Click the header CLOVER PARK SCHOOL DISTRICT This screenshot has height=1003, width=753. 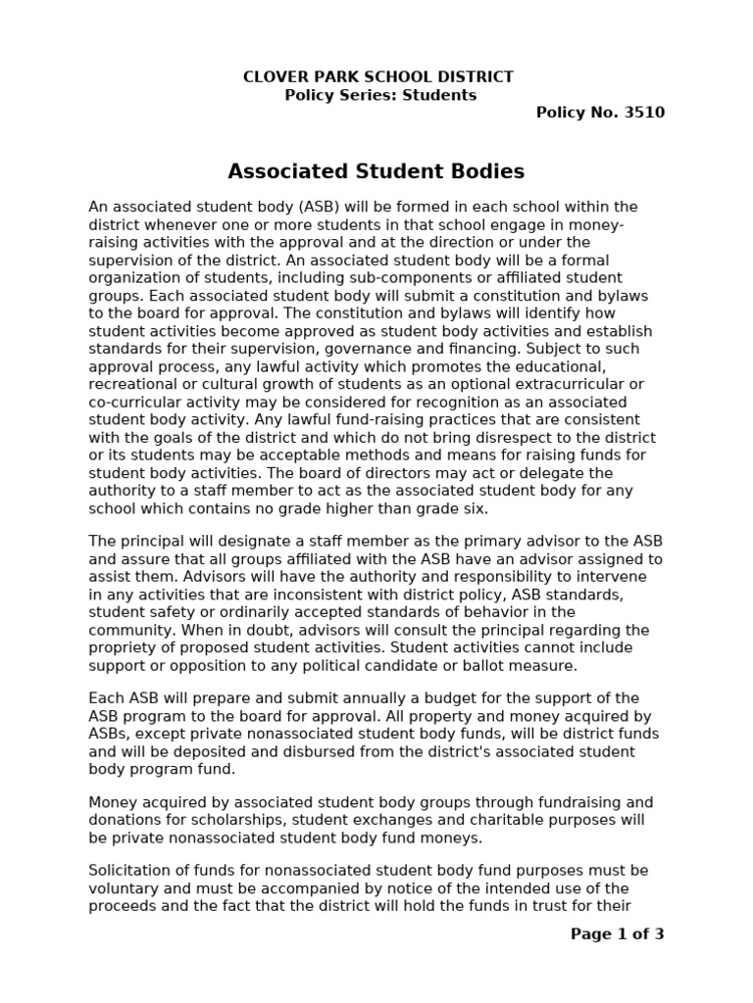coord(377,76)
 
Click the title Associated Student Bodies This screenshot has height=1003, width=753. coord(376,172)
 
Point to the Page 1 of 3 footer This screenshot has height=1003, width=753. coord(617,934)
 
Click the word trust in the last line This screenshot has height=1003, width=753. coord(539,906)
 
